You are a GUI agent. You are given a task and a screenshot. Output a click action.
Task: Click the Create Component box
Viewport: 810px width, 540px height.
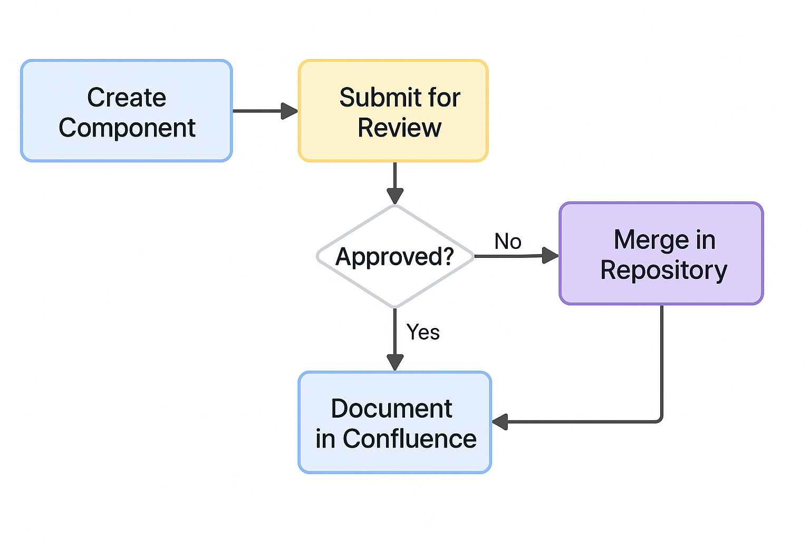click(127, 111)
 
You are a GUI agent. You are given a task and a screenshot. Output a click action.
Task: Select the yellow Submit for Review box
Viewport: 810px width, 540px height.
click(393, 111)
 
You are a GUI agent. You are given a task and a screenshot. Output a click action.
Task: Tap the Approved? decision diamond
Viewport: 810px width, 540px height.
click(395, 256)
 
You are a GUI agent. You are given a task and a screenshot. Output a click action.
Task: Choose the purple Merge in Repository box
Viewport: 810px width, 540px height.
click(661, 254)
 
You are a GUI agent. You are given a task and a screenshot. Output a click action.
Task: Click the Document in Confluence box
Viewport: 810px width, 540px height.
click(395, 422)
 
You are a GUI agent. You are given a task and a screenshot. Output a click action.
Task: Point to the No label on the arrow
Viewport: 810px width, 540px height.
click(508, 242)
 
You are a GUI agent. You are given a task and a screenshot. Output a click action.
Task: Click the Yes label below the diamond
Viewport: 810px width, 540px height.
click(423, 332)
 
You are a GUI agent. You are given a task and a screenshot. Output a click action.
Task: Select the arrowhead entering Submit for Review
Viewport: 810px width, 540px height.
click(289, 111)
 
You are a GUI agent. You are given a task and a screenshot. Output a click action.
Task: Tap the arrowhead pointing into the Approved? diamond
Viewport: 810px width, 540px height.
click(395, 196)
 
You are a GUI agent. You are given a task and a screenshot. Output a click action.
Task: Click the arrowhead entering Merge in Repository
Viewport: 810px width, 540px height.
click(550, 256)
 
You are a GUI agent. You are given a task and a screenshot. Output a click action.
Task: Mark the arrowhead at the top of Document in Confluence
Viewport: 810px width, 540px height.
click(395, 362)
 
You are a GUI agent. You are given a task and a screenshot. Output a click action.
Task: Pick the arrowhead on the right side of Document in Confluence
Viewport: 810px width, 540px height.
click(500, 422)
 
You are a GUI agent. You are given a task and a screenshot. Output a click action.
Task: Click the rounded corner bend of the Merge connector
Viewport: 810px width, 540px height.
click(659, 419)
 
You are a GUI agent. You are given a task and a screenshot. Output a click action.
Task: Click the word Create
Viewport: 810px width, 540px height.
click(127, 98)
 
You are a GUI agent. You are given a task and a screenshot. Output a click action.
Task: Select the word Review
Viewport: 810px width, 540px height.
click(399, 128)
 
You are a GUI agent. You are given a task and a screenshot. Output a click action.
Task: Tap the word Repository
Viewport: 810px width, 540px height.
click(663, 270)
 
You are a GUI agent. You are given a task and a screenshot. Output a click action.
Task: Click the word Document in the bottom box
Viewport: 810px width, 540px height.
click(391, 409)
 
